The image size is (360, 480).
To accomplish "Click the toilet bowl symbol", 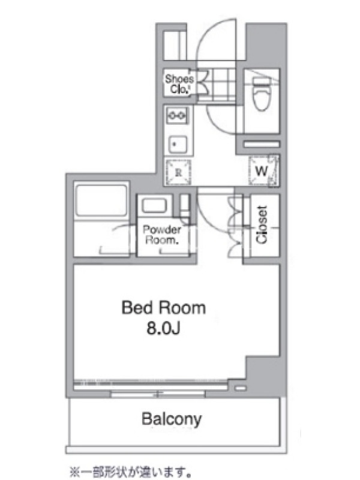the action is tap(262, 94).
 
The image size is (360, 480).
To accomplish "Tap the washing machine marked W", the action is tap(263, 170).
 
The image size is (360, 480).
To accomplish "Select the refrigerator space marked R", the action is tap(178, 172).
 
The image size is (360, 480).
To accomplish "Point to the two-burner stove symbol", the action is tap(177, 115).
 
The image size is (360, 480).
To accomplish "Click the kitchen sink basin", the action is tap(178, 144).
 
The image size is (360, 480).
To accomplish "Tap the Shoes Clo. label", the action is tap(179, 84).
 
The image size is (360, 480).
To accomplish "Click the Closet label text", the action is tap(262, 224).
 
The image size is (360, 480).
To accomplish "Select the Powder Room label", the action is tap(161, 235).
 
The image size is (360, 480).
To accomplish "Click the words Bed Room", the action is tap(163, 308).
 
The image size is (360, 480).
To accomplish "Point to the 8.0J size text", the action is tap(163, 328).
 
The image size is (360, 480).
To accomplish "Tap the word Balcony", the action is tap(172, 419).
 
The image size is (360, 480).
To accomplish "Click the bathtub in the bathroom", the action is tap(101, 200).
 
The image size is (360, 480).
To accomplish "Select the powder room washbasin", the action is tap(154, 206).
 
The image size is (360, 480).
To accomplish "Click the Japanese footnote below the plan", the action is tap(131, 472).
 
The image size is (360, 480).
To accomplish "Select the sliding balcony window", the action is tap(158, 394).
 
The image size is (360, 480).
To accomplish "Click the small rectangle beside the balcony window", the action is tap(241, 388).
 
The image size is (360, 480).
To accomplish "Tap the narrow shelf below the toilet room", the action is tap(262, 144).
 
